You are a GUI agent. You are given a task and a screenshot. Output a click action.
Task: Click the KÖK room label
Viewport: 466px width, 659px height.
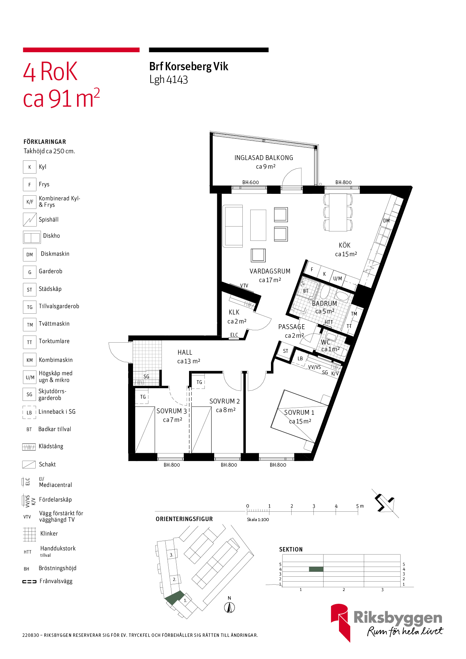tap(345, 245)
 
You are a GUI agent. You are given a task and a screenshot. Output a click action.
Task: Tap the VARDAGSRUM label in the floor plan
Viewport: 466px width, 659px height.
tap(270, 271)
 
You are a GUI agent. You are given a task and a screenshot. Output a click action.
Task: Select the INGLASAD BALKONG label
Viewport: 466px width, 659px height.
tap(264, 158)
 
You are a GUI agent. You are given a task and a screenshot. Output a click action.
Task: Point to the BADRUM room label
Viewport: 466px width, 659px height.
tap(324, 303)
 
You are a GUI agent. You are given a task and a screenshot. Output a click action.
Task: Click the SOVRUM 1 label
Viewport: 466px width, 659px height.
tap(299, 413)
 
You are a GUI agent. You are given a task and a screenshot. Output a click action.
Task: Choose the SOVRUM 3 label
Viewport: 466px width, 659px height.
tap(172, 411)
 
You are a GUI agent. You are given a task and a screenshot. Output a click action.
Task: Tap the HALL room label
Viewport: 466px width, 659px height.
tap(185, 352)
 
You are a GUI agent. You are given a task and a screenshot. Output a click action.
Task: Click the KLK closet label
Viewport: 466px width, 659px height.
tap(234, 312)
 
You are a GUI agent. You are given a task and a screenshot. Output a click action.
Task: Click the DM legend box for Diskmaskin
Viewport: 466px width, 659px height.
tap(30, 254)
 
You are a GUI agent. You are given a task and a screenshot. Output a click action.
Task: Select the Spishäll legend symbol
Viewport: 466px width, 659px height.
tap(30, 220)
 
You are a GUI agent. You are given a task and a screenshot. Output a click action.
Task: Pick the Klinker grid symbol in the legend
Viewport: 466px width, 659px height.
tap(29, 534)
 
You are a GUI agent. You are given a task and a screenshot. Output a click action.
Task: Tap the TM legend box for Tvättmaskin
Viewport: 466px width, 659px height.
tap(30, 325)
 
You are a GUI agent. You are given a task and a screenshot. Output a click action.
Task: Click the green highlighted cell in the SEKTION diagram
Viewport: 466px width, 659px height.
tap(316, 569)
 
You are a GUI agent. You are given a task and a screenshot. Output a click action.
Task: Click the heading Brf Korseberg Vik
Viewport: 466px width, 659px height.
tap(189, 67)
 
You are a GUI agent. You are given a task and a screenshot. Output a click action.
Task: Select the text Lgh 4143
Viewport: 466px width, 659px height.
tap(168, 80)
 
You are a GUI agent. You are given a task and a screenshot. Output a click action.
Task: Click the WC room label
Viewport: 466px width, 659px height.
tap(325, 342)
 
